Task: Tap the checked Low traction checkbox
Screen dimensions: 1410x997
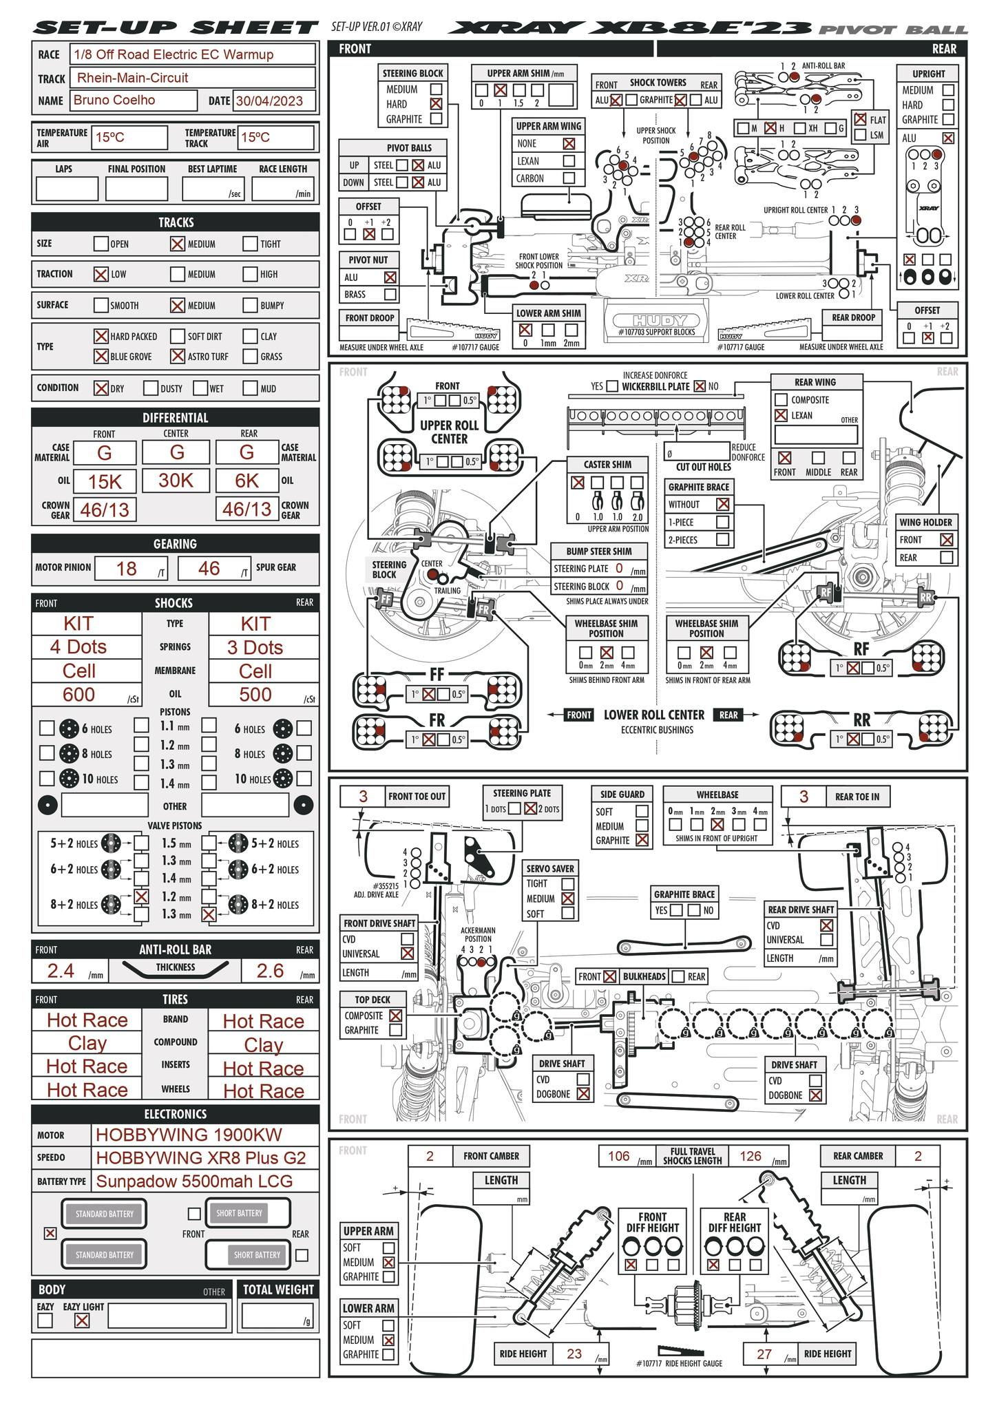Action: pyautogui.click(x=101, y=274)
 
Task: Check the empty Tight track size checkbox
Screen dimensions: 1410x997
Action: pyautogui.click(x=250, y=244)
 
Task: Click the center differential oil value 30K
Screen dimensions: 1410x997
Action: pyautogui.click(x=176, y=481)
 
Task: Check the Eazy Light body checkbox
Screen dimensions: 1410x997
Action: pyautogui.click(x=82, y=1320)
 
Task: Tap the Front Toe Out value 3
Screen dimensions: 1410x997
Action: pyautogui.click(x=363, y=797)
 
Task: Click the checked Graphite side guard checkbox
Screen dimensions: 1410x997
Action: pyautogui.click(x=642, y=840)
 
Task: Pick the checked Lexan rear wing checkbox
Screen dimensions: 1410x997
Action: pyautogui.click(x=781, y=415)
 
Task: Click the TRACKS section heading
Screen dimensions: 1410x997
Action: pyautogui.click(x=176, y=222)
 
